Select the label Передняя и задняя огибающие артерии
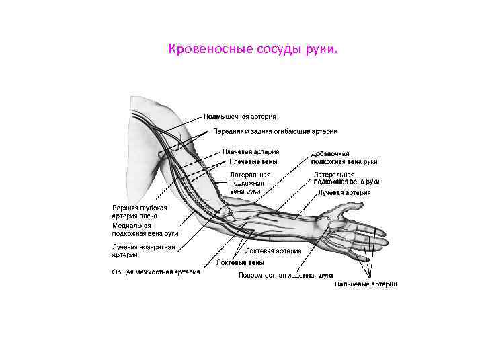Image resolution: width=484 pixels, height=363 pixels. point(275,131)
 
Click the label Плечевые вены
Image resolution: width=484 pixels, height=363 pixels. point(253,161)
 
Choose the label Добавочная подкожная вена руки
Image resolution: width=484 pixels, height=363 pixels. point(344,158)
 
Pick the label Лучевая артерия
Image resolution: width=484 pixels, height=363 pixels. point(344,192)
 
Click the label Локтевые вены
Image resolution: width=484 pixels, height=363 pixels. point(240,262)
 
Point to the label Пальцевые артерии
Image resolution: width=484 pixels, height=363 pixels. point(366,284)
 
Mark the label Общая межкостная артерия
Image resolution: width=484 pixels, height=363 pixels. point(155,272)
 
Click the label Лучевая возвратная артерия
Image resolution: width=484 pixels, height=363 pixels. point(143,251)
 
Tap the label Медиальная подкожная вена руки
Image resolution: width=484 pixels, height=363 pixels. point(145,229)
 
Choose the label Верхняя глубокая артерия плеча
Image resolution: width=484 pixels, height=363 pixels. point(139,212)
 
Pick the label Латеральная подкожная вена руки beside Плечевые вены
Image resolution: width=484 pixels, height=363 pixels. point(249,182)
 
